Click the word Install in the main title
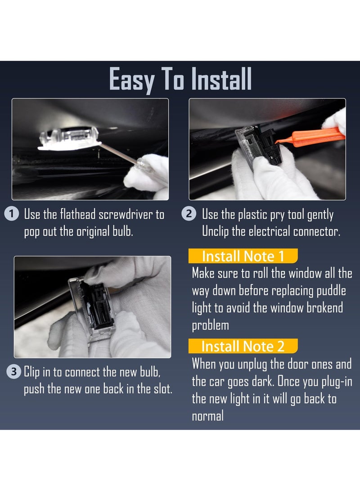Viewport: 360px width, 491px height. (221, 79)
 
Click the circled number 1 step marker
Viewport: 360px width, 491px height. (12, 214)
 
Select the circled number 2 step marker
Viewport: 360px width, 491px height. (189, 214)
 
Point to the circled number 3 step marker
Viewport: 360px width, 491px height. (14, 372)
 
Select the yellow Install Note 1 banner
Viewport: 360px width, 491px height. (243, 256)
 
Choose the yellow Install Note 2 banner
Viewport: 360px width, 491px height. (243, 347)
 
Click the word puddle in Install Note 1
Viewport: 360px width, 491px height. (331, 291)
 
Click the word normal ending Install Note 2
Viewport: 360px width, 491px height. (208, 416)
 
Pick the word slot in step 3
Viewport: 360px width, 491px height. (163, 389)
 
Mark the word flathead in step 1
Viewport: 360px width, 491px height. (78, 215)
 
